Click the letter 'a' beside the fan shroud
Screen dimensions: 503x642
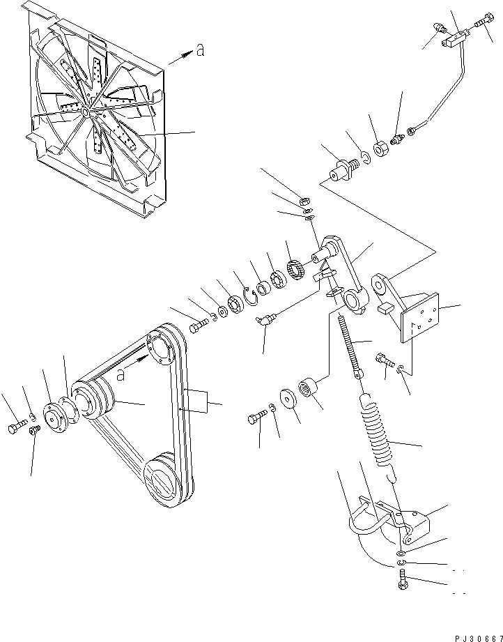coord(200,50)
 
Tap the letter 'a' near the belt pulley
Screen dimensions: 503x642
coord(121,374)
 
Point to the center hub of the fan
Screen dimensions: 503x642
coord(86,112)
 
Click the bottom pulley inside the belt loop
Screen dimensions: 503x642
coord(163,479)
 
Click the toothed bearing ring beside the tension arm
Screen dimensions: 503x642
coord(296,270)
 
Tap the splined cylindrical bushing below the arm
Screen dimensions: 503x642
coord(310,387)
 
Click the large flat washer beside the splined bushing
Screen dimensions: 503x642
coord(288,399)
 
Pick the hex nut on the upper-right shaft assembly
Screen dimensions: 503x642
coord(380,148)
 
